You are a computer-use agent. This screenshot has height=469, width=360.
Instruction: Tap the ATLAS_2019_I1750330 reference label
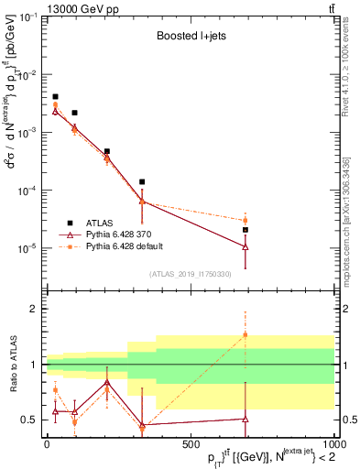(x=190, y=274)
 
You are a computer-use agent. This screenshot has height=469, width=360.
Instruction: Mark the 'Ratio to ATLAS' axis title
(x=12, y=365)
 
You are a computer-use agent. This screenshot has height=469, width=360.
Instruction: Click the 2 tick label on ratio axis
(x=34, y=309)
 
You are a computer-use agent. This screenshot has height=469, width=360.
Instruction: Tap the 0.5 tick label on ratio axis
(x=30, y=420)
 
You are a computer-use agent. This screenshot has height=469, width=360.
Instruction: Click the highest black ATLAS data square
(x=55, y=96)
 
